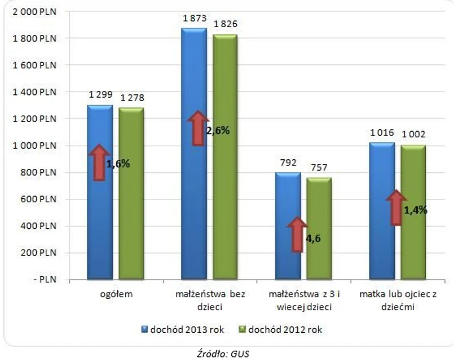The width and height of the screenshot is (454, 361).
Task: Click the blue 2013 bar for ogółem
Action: coord(99,226)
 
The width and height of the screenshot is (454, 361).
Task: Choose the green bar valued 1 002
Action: coord(413,249)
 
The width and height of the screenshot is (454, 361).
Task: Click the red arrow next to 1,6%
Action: coord(99,163)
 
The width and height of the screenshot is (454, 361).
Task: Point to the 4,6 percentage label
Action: coord(314,238)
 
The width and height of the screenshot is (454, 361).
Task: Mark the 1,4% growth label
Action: coord(416,210)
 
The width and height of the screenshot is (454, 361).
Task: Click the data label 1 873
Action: coord(193,19)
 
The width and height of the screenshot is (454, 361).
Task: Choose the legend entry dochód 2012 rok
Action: coord(284,328)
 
